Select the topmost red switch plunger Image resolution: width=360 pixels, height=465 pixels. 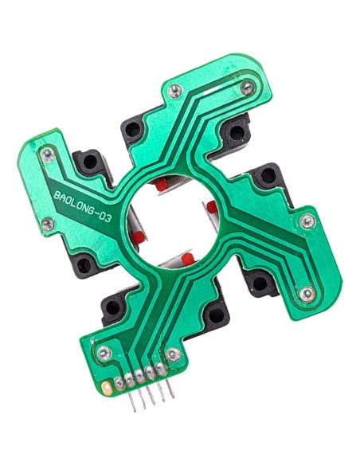(x=162, y=185)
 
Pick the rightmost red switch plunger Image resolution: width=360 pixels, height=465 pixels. (x=213, y=208)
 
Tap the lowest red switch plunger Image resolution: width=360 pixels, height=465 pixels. (x=187, y=261)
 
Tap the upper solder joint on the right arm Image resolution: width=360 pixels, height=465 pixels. (x=307, y=221)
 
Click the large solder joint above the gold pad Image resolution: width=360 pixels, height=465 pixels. (x=104, y=351)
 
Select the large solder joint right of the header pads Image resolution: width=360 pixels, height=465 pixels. (x=172, y=354)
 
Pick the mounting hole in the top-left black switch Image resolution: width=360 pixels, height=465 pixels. (x=90, y=162)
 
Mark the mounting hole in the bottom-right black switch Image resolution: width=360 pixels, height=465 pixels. (x=259, y=281)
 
